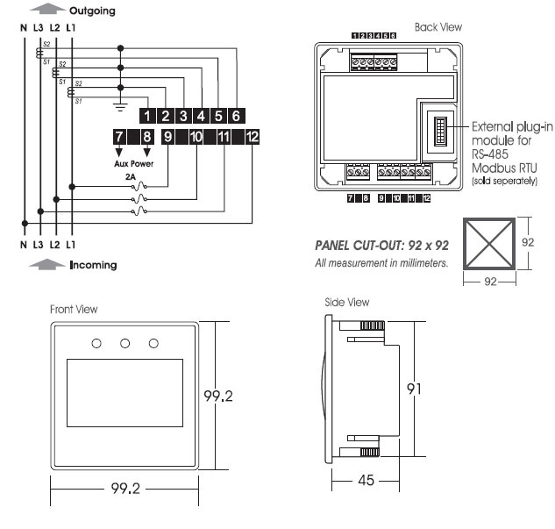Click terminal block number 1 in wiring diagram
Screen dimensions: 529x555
tap(147, 115)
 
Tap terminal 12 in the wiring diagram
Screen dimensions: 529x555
tap(252, 136)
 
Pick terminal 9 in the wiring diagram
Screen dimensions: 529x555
tap(167, 136)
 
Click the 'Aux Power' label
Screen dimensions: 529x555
tap(133, 163)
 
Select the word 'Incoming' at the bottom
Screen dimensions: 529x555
tap(93, 265)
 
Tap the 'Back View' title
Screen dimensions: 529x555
tap(438, 27)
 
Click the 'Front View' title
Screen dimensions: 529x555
tap(74, 309)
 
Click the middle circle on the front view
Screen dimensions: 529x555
tap(125, 342)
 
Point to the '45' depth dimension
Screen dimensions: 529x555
tap(364, 481)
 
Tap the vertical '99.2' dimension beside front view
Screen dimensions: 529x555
tap(217, 397)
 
